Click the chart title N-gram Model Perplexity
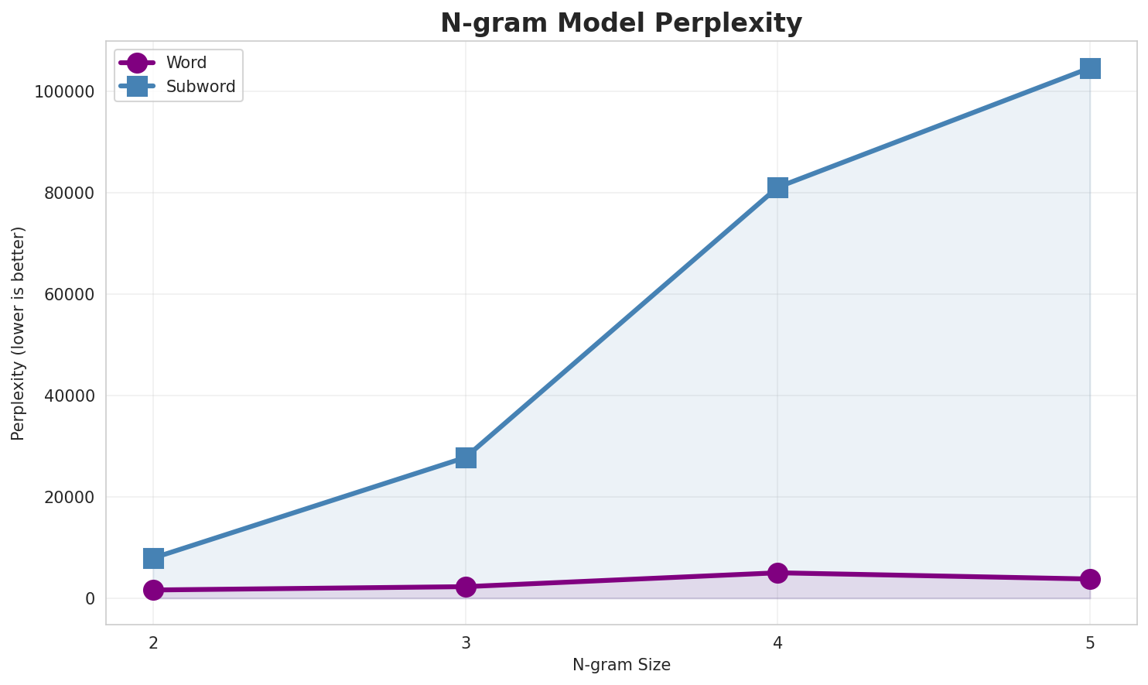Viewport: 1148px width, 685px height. point(621,23)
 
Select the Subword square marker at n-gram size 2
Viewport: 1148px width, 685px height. point(153,558)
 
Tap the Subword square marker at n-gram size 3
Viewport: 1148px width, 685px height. point(466,457)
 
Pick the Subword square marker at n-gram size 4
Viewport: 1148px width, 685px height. point(777,187)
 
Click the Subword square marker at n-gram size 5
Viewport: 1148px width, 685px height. point(1090,68)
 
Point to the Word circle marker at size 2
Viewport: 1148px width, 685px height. point(153,590)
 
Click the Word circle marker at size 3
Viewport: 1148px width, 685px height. point(466,587)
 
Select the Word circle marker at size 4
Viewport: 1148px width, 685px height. point(777,573)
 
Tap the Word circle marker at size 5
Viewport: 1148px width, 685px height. point(1090,579)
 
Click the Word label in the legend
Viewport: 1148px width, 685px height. point(186,63)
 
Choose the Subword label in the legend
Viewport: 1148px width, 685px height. point(200,87)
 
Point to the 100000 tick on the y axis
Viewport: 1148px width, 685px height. point(65,92)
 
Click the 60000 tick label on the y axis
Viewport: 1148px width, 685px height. point(70,295)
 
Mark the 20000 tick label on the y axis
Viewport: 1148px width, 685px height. point(70,498)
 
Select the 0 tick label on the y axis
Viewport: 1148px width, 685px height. point(91,599)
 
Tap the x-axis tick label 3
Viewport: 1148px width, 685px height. point(466,643)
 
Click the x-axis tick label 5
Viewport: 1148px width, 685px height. point(1090,643)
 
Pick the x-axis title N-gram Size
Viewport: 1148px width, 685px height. point(621,665)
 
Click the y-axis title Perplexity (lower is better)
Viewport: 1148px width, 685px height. point(19,333)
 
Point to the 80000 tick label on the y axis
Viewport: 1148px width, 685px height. point(70,194)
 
